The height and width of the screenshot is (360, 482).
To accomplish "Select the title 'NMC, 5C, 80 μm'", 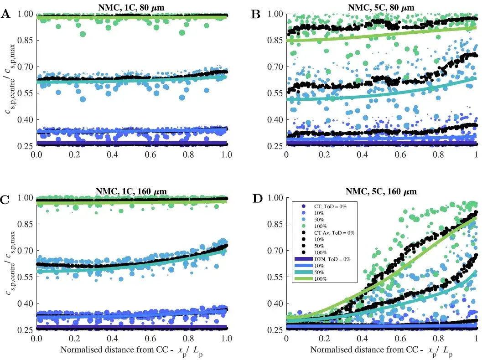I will click(x=381, y=7).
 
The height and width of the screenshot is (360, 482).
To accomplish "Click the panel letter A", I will click(x=6, y=14).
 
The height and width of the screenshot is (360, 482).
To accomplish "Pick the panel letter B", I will click(x=256, y=14).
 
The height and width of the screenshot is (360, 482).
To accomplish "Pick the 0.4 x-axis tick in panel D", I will click(x=363, y=339).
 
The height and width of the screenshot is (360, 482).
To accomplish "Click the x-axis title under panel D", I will click(x=381, y=351).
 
